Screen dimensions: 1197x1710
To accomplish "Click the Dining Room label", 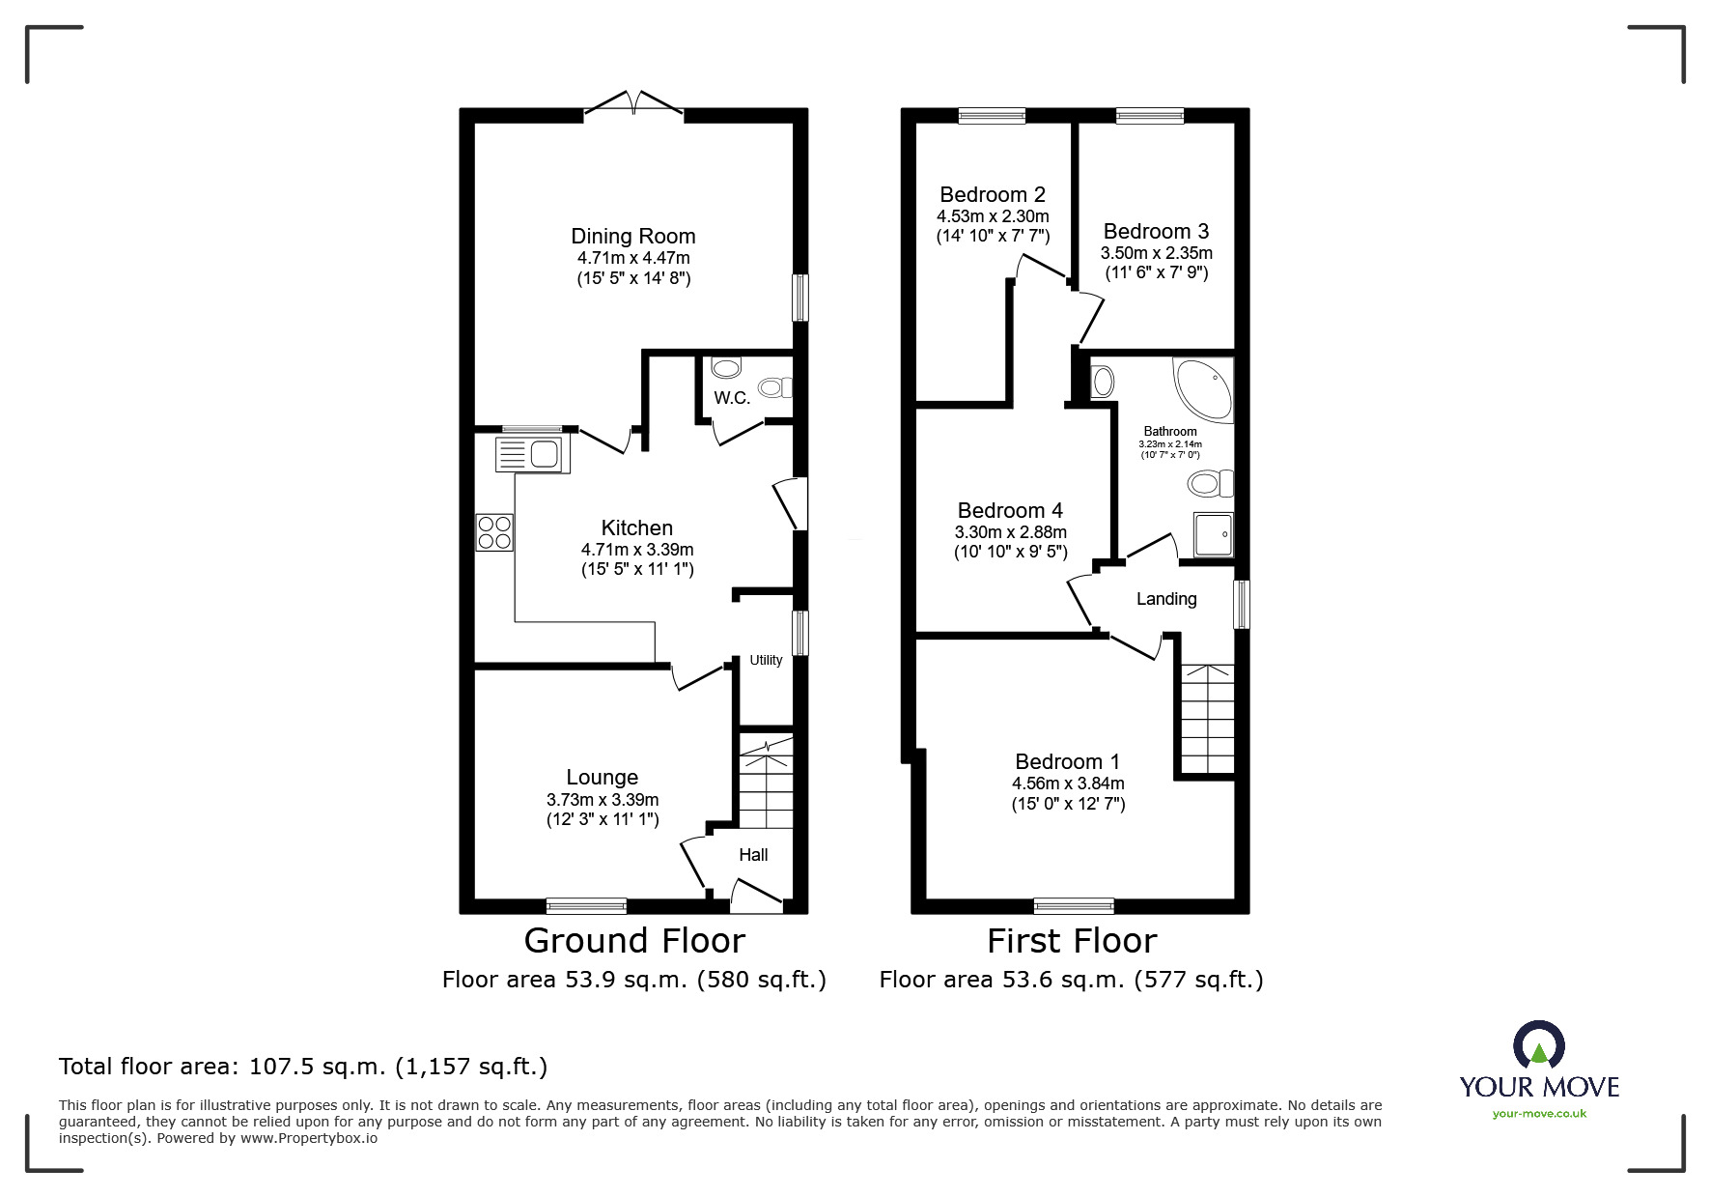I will coord(632,236).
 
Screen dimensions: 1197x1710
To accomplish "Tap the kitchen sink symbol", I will coord(533,453).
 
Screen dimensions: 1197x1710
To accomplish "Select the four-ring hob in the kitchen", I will coord(494,532).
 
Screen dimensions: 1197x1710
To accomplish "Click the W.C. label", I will coord(731,398).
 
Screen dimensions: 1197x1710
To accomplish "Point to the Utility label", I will coord(766,660).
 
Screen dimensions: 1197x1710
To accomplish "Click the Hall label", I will coord(753,854).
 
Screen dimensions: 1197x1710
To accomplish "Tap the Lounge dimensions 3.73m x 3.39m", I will coord(603,799).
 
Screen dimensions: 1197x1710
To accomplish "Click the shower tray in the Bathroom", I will coord(1214,534).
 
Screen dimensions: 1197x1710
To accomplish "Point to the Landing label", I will coord(1165,599).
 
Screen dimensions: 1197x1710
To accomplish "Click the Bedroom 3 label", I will coord(1155,231).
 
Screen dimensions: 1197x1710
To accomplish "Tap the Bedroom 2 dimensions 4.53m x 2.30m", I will coord(992,216).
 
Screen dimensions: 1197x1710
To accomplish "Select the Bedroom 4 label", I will coord(1010,510).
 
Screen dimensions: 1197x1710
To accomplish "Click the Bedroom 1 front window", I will coord(1073,905).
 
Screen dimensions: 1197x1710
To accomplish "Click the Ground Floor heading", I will coord(634,940).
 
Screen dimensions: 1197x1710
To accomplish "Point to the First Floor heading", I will coord(1072,940).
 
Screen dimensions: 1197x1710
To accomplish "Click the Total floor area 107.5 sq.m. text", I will coord(303,1067).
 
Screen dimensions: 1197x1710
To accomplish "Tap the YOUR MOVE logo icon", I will coord(1538,1046).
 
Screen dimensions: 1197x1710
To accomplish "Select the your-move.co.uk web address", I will coord(1539,1114).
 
